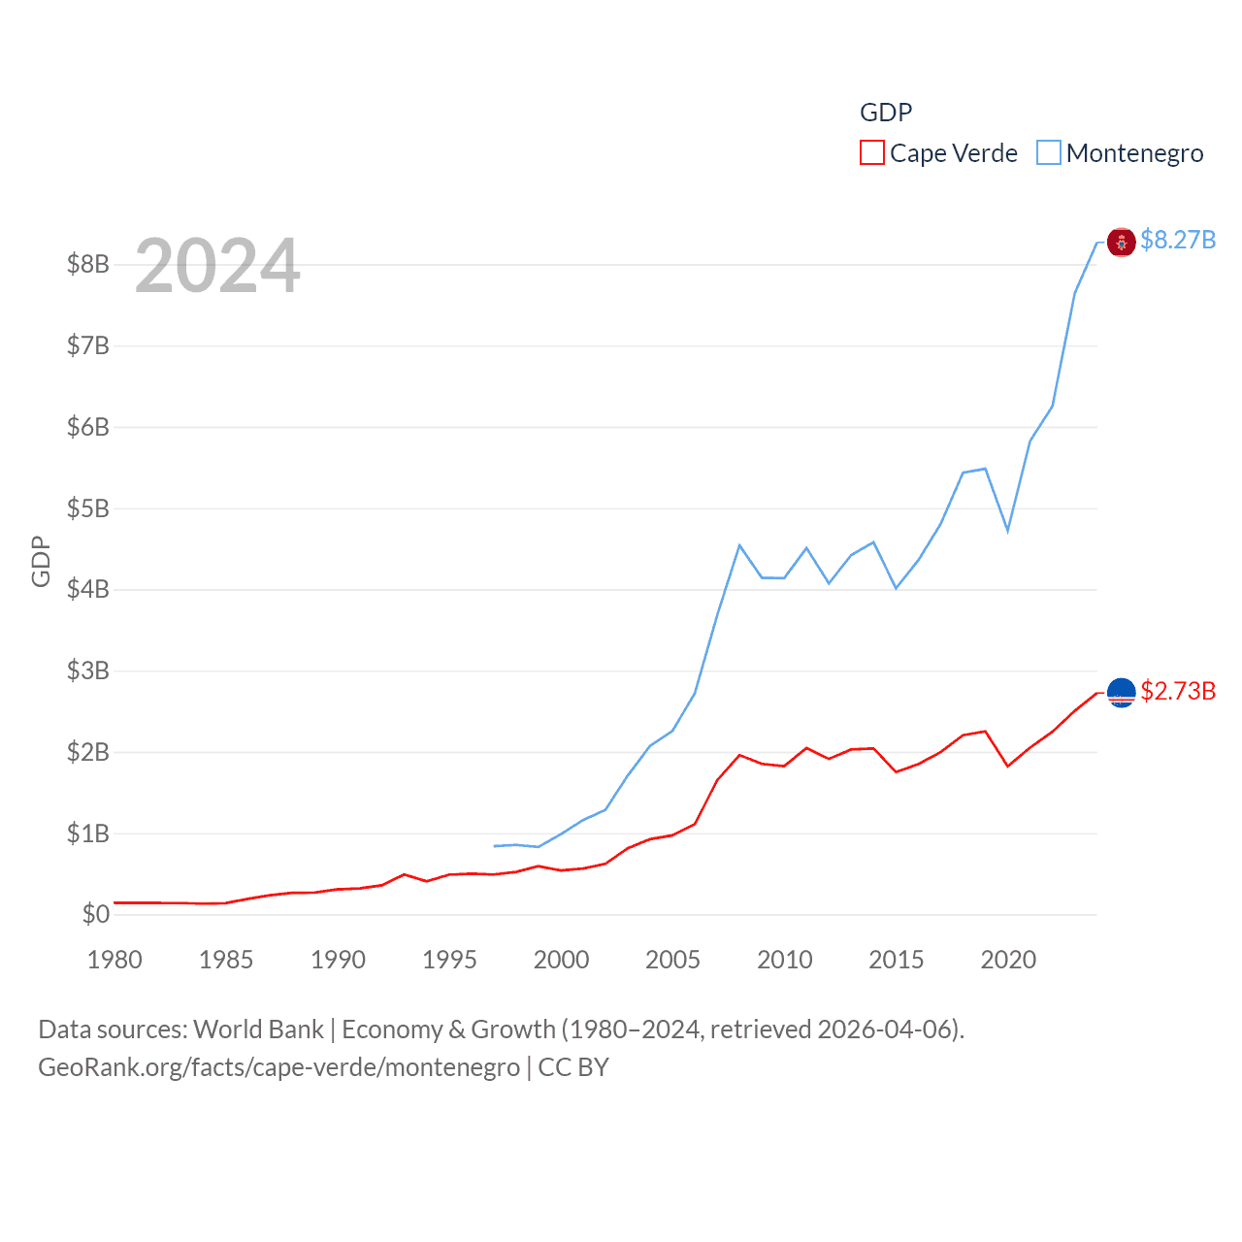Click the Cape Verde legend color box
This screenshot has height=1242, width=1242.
click(x=871, y=153)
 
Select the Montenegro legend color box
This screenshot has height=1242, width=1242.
click(x=1048, y=153)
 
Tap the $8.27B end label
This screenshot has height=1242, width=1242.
click(x=1178, y=240)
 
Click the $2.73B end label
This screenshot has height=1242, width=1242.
click(x=1178, y=691)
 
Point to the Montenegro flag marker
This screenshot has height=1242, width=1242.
click(x=1121, y=243)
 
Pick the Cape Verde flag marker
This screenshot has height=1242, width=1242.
click(x=1121, y=693)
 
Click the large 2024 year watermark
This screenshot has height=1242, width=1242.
click(x=217, y=266)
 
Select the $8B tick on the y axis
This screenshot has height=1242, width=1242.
click(x=87, y=264)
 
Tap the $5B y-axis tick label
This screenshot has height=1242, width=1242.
click(x=87, y=508)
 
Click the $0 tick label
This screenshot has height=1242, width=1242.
click(x=95, y=914)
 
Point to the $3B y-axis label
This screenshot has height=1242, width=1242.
click(x=87, y=670)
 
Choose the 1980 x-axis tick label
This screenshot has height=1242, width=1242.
click(x=114, y=960)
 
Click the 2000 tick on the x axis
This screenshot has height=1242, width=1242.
click(x=561, y=960)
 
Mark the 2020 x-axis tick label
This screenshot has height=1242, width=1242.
click(x=1008, y=960)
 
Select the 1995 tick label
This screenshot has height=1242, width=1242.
click(x=449, y=960)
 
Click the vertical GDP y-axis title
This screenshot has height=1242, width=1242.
click(x=41, y=561)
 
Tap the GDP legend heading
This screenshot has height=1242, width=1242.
click(x=886, y=113)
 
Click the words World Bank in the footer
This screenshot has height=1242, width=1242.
click(x=258, y=1029)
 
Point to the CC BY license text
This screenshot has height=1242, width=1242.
click(x=573, y=1067)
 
